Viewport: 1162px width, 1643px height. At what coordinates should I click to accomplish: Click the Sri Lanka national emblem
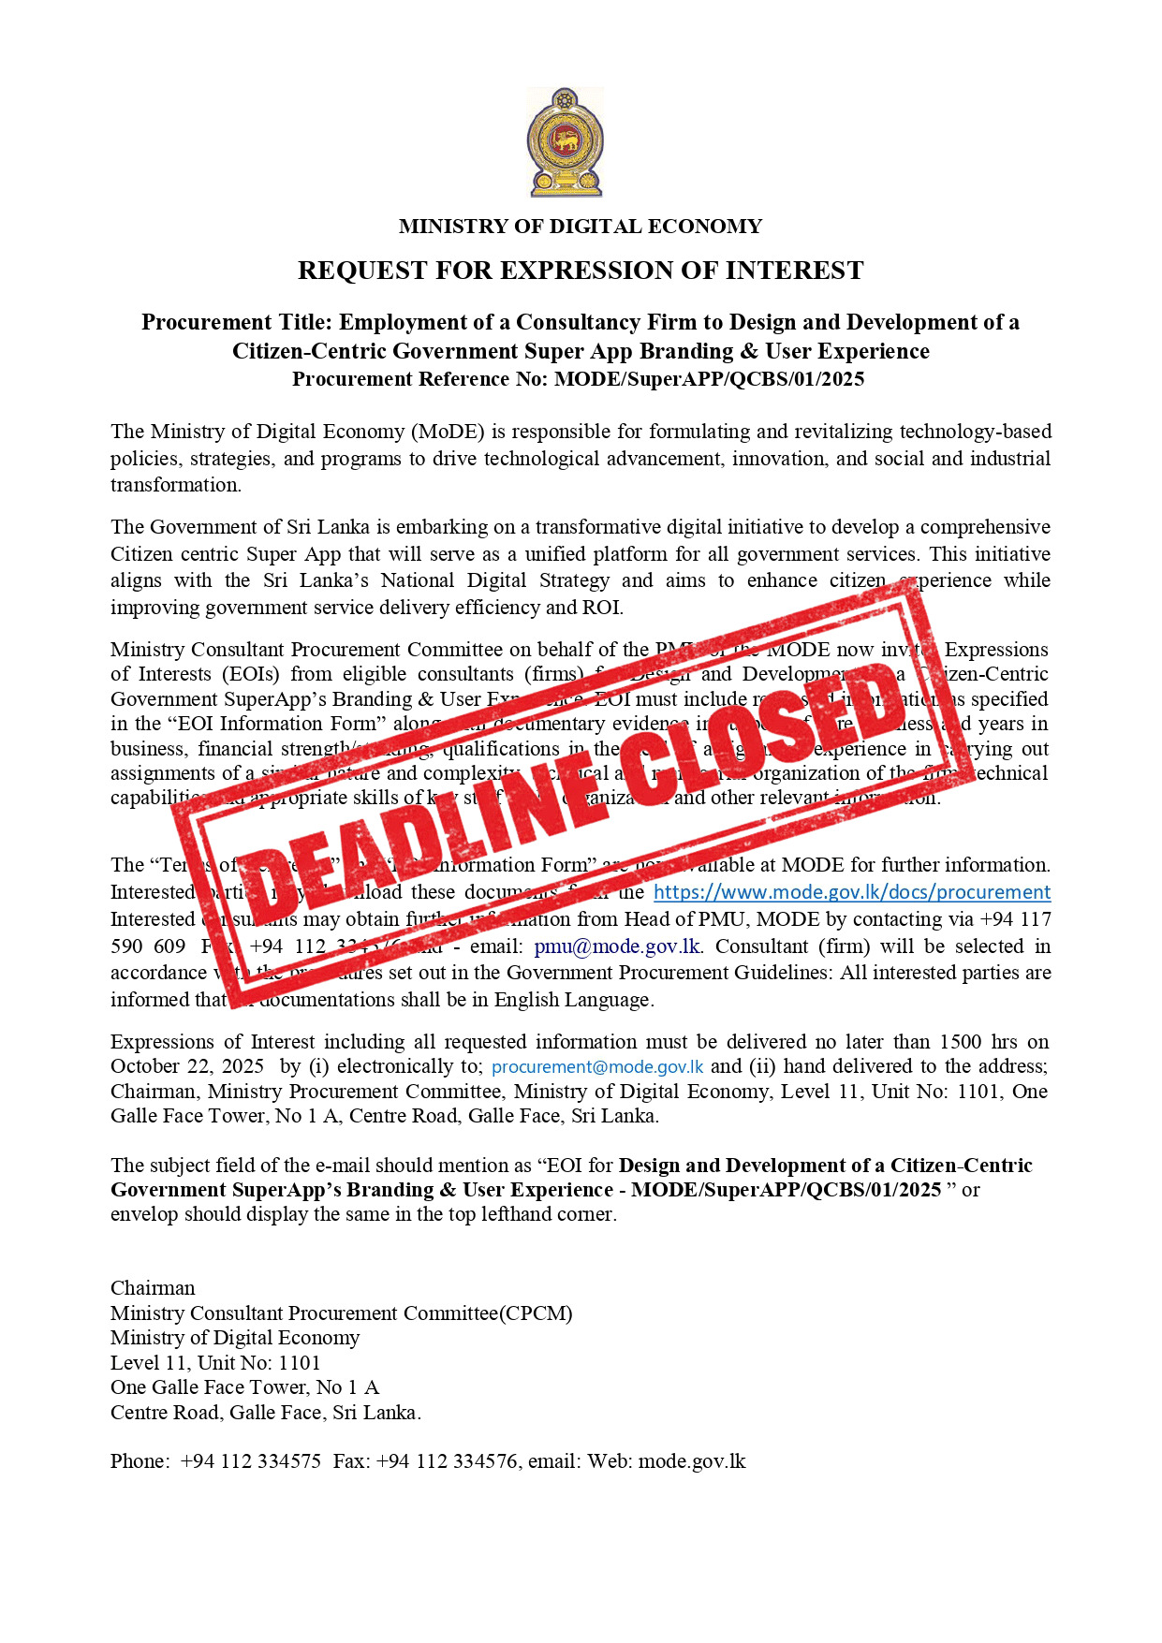click(565, 142)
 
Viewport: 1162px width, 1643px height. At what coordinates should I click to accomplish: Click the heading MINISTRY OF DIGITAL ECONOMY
click(581, 227)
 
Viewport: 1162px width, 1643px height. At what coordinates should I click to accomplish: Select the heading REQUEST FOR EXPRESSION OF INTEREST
click(581, 271)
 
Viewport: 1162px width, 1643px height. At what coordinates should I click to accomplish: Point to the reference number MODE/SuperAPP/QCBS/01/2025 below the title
click(709, 379)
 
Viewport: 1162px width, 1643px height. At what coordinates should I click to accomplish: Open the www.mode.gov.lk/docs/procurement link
click(851, 892)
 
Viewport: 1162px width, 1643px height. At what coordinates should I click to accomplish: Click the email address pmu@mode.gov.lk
click(617, 946)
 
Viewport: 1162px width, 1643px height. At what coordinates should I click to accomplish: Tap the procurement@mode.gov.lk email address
click(597, 1067)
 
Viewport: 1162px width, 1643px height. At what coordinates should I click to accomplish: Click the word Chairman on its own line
click(153, 1288)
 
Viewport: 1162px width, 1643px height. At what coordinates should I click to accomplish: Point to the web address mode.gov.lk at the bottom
click(692, 1461)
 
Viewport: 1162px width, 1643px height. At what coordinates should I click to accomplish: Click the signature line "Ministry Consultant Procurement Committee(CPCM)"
click(341, 1313)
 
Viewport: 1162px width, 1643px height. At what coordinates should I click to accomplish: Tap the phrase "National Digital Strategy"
click(495, 580)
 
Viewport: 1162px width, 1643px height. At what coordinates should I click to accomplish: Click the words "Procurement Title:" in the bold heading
click(237, 323)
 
